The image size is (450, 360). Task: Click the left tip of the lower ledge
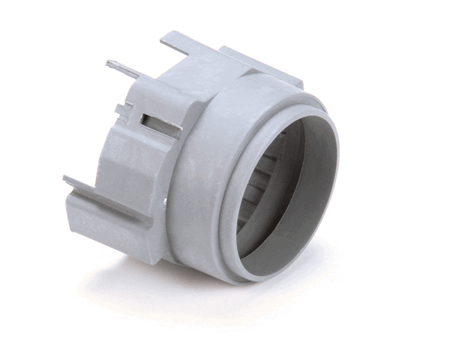click(65, 180)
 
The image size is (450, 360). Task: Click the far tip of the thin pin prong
click(109, 63)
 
